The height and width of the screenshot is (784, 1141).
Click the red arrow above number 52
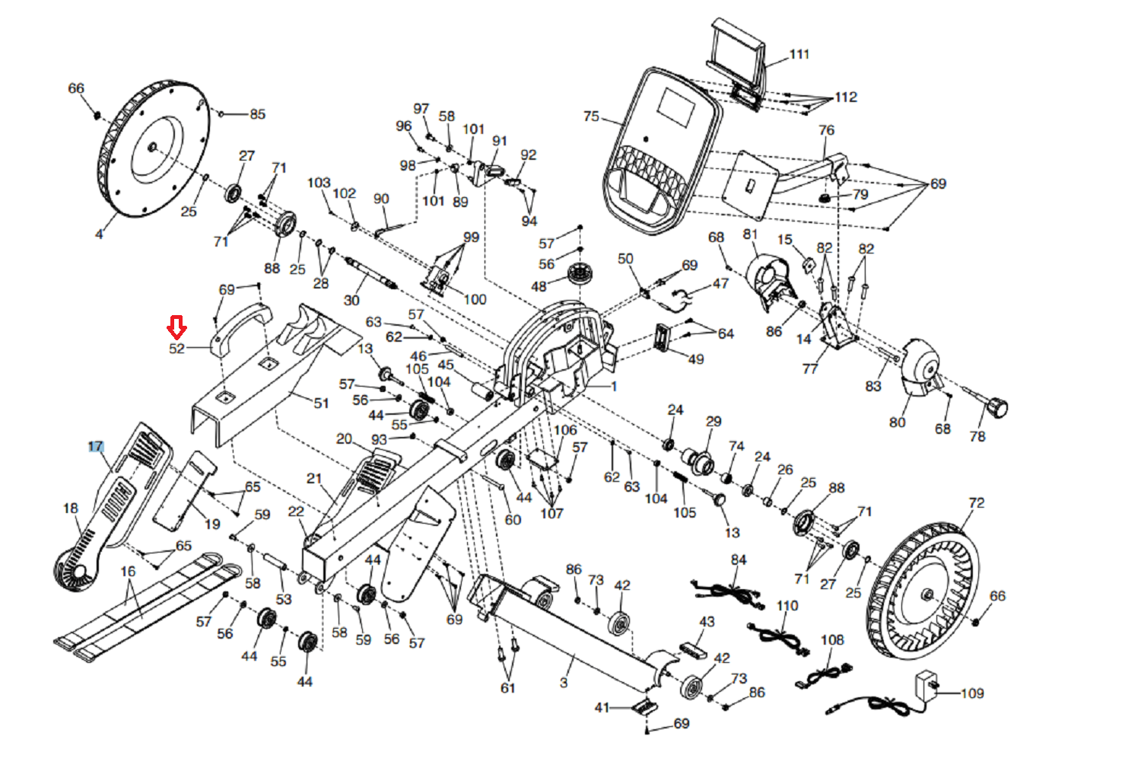coord(176,327)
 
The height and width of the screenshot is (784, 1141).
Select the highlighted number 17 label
coord(96,447)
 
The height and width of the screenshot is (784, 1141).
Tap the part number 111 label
coord(799,54)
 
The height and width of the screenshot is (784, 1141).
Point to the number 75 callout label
coord(591,116)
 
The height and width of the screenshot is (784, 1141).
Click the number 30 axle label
coord(351,300)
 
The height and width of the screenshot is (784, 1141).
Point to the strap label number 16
coord(128,571)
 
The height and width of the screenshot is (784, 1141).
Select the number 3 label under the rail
coord(563,683)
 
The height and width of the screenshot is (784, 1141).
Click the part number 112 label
coord(846,97)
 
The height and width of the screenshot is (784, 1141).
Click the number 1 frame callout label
coord(614,386)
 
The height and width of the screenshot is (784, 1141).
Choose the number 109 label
coord(972,693)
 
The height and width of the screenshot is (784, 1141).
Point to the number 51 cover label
coord(322,403)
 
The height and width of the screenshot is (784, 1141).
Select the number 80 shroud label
coord(898,422)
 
